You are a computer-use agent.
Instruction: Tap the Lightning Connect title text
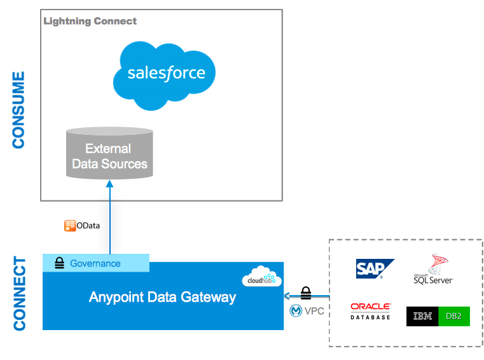pos(90,21)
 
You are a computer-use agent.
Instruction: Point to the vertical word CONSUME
pos(19,110)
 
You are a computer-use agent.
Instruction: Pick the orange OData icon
pos(70,226)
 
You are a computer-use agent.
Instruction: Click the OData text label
pos(88,226)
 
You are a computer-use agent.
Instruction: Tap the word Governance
pos(95,263)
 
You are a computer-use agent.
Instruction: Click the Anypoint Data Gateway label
pos(162,297)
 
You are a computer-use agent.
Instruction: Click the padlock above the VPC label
pos(306,293)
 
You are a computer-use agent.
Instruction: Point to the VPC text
pos(314,311)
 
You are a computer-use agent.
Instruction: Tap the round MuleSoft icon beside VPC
pos(296,311)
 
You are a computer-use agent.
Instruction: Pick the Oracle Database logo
pos(370,311)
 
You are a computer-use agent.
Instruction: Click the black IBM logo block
pos(423,316)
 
